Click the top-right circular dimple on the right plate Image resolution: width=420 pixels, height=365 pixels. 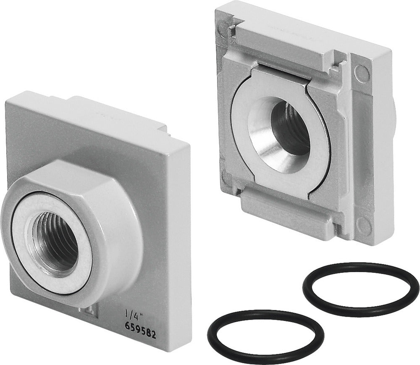(360, 70)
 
